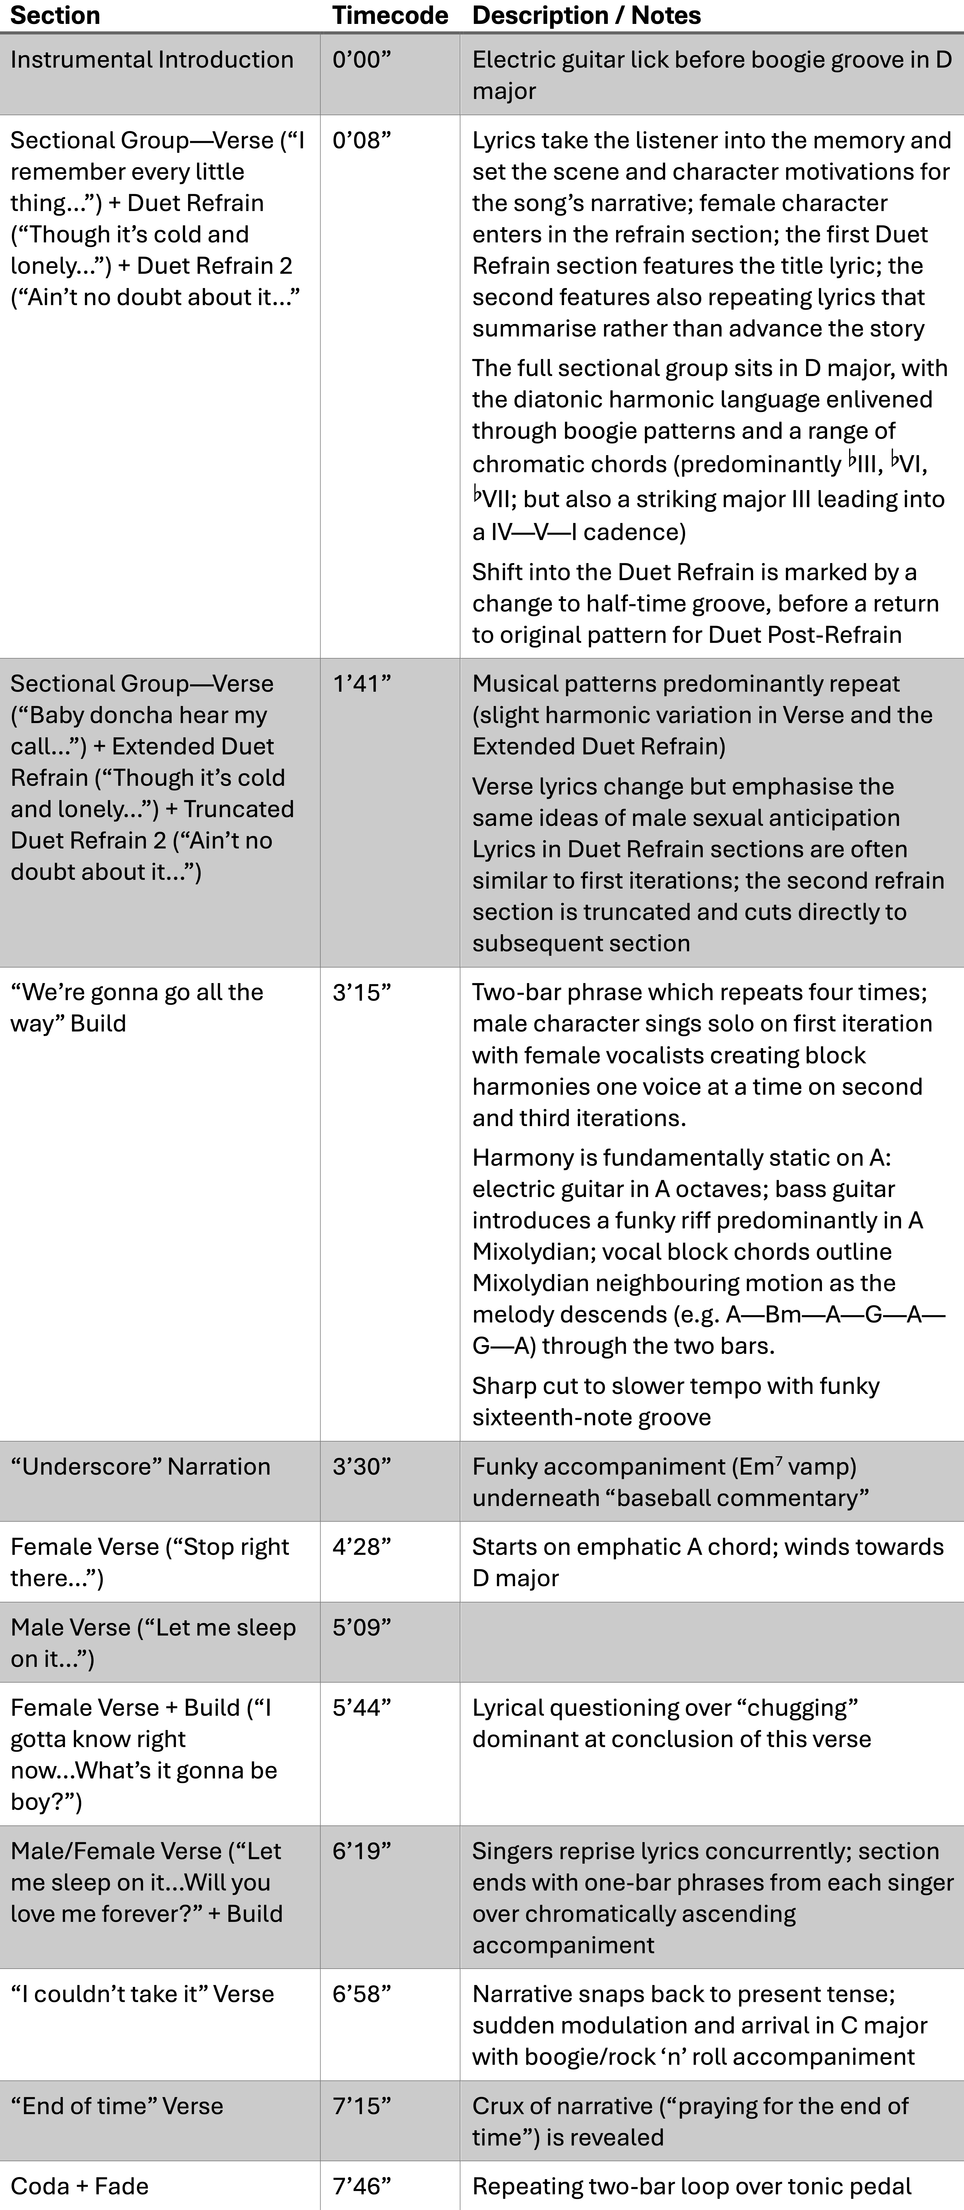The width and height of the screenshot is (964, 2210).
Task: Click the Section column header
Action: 55,15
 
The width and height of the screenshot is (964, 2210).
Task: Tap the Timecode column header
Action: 390,15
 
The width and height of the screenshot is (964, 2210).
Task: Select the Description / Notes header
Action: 587,15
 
